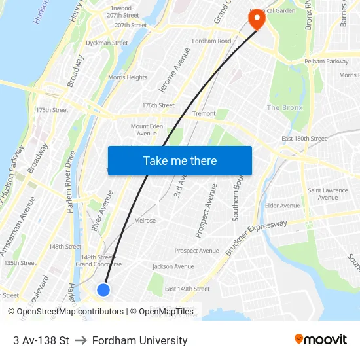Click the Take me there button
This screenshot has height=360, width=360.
[x=180, y=160]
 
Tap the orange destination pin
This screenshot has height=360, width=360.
[x=255, y=20]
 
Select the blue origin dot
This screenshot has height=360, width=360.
[x=103, y=289]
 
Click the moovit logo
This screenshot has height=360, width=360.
[x=321, y=340]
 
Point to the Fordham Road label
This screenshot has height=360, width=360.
[x=211, y=41]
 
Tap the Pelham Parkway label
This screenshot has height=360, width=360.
[x=325, y=62]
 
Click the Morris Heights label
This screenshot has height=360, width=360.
[x=128, y=77]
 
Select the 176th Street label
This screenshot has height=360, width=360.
[x=158, y=105]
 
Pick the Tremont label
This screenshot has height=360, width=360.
[x=204, y=114]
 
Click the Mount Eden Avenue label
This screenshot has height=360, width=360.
[x=147, y=130]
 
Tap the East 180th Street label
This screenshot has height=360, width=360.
[x=304, y=139]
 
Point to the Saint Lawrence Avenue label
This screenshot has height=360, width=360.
[x=328, y=194]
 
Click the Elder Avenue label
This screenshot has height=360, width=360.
[x=282, y=206]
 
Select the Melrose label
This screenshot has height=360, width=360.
[x=145, y=221]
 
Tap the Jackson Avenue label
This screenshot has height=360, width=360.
[x=173, y=266]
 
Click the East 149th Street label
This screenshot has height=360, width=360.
[x=187, y=289]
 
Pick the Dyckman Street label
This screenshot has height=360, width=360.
[x=107, y=43]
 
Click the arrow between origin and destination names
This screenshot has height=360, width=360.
[x=81, y=340]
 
